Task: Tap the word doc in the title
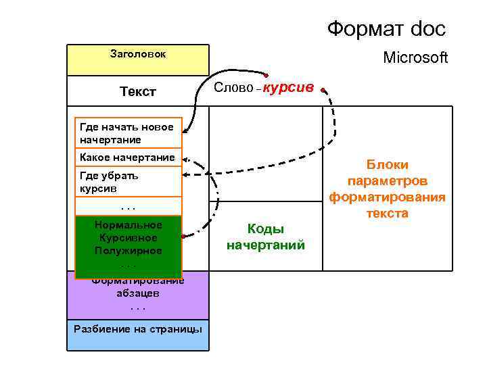[425, 29]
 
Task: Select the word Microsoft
[415, 58]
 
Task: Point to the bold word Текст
[137, 91]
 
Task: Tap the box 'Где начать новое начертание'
[126, 133]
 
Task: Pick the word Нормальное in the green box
[129, 225]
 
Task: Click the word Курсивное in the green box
[128, 238]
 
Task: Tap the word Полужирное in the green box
[129, 251]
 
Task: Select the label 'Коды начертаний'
[266, 237]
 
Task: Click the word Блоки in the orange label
[388, 165]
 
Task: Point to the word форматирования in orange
[388, 197]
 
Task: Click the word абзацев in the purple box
[138, 294]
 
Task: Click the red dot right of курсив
[324, 90]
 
